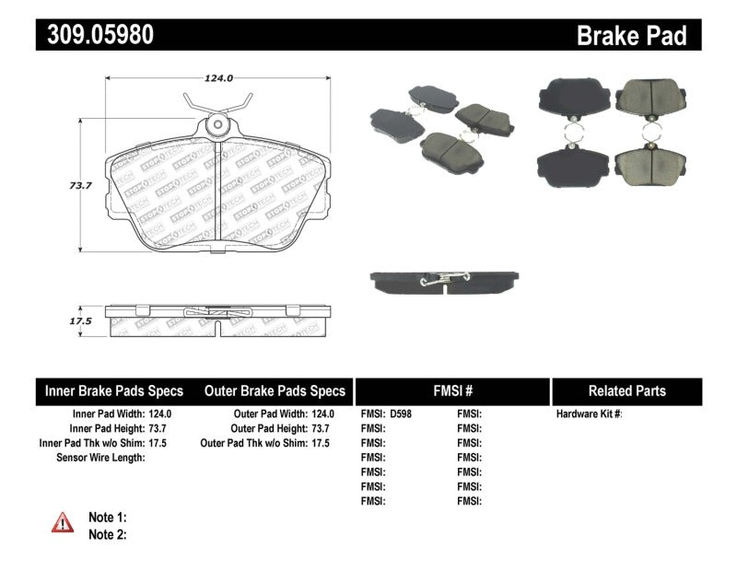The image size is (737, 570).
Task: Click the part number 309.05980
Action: [96, 36]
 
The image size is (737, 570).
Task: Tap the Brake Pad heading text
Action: [631, 36]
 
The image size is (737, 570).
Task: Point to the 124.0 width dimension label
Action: [217, 78]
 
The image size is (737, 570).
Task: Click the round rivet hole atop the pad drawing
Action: [217, 122]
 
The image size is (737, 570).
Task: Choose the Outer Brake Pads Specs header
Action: [275, 390]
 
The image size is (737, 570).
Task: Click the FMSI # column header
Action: [451, 390]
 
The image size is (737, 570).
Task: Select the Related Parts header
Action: [626, 390]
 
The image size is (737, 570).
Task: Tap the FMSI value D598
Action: [402, 414]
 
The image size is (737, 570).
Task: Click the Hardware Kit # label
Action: [589, 414]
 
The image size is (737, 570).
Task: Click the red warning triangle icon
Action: [63, 523]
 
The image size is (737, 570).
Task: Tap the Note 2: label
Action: [107, 534]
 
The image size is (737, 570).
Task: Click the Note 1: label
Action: [107, 518]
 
